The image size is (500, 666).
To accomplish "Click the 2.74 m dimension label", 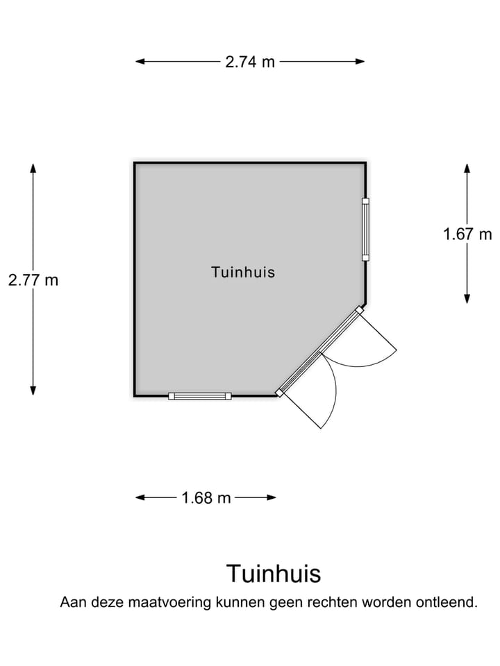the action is click(x=250, y=62).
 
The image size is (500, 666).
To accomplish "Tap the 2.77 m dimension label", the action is click(x=33, y=280).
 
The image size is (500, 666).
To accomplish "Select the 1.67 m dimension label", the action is click(x=467, y=234).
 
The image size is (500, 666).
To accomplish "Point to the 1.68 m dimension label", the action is click(x=206, y=498).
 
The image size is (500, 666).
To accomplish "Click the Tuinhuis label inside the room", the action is click(x=243, y=272).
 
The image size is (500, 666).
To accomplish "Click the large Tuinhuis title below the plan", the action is click(x=274, y=574).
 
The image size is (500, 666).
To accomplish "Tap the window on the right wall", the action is click(x=365, y=230).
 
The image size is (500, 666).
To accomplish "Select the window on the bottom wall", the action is click(x=200, y=396).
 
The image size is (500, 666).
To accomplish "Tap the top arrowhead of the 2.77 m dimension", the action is click(x=33, y=168).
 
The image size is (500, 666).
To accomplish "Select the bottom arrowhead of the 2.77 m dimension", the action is click(x=33, y=391).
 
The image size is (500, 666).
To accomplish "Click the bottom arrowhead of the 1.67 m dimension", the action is click(x=467, y=298).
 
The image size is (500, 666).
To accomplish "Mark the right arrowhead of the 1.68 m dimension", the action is click(x=272, y=497).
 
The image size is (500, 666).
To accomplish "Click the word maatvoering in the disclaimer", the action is click(x=169, y=602).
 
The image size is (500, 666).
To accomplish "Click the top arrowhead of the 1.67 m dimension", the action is click(x=467, y=169).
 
